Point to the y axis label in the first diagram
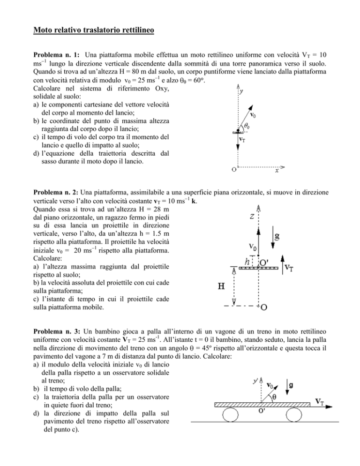[x=241, y=92]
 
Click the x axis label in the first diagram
[x=277, y=172]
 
